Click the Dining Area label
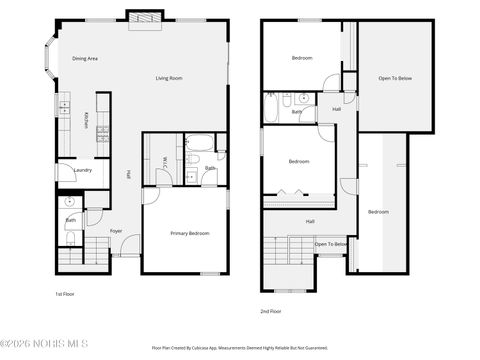pos(84,59)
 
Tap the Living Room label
pos(168,78)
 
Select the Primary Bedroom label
pos(189,233)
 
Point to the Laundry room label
pos(83,170)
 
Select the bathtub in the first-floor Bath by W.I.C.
pos(198,142)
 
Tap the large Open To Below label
pos(395,78)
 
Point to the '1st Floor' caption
pos(65,294)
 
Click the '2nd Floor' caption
pos(270,311)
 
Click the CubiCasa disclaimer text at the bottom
pos(239,348)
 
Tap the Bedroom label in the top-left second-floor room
pos(302,59)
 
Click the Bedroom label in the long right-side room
pos(378,212)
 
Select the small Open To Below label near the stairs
pos(330,244)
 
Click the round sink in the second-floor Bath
pos(303,100)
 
